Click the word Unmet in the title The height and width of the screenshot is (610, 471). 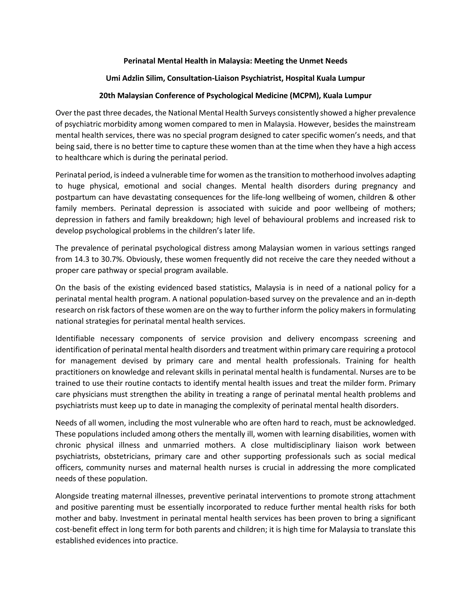click(x=311, y=61)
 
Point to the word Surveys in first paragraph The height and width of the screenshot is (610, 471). click(x=254, y=113)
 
